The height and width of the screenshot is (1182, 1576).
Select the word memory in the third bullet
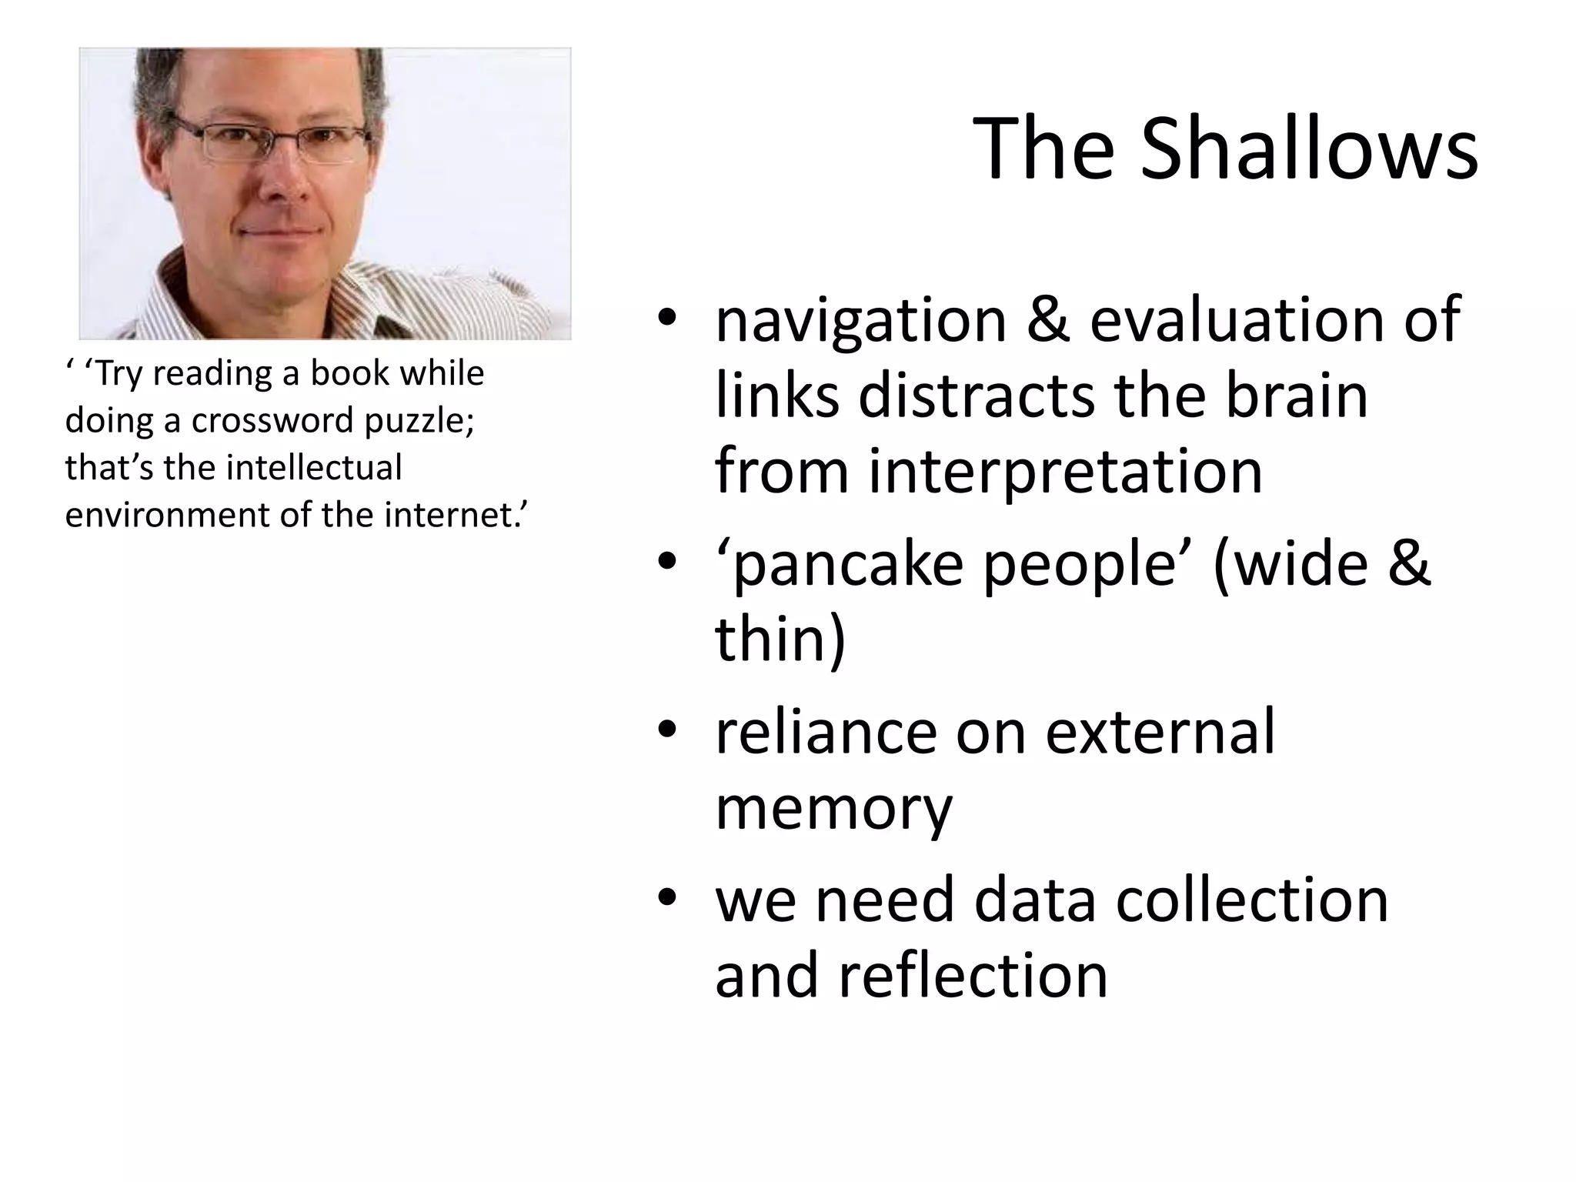click(x=833, y=808)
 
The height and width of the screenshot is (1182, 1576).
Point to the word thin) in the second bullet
click(x=780, y=639)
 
